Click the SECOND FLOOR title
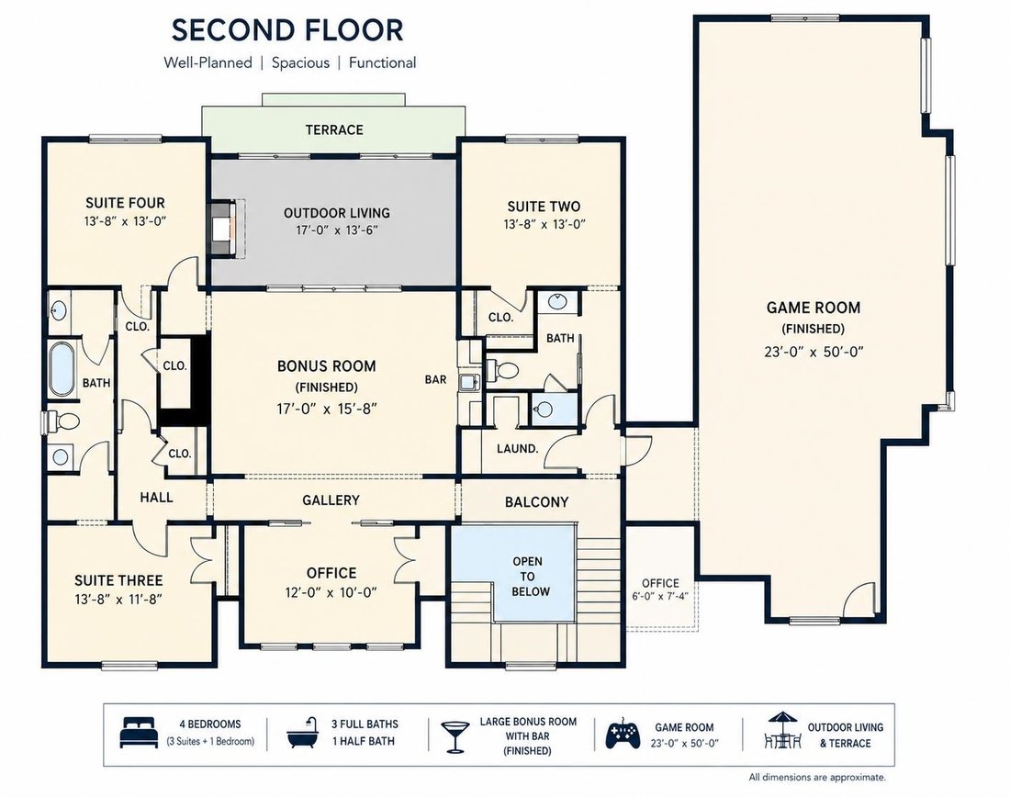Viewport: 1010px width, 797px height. pos(287,30)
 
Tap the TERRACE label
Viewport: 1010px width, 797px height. pos(334,129)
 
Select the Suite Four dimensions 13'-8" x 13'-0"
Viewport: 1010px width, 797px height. pos(126,221)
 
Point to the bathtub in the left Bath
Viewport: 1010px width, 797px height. pos(62,369)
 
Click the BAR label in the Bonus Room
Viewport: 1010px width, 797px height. pos(435,379)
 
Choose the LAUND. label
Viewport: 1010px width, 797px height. pos(517,448)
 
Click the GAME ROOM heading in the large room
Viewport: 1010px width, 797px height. pos(813,308)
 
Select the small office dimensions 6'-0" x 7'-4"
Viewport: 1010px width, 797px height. pos(660,596)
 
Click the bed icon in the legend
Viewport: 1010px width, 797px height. pos(139,733)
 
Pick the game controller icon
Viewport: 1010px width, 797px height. pos(623,735)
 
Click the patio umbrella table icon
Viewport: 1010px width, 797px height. pos(782,730)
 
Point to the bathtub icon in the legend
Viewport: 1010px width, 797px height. pos(304,733)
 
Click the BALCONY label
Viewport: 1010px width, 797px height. pos(536,502)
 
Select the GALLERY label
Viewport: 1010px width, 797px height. pos(331,500)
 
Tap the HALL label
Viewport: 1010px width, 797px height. pos(156,498)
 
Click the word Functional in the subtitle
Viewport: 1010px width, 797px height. pos(383,62)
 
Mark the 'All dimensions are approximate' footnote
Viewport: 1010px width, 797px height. pos(817,777)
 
